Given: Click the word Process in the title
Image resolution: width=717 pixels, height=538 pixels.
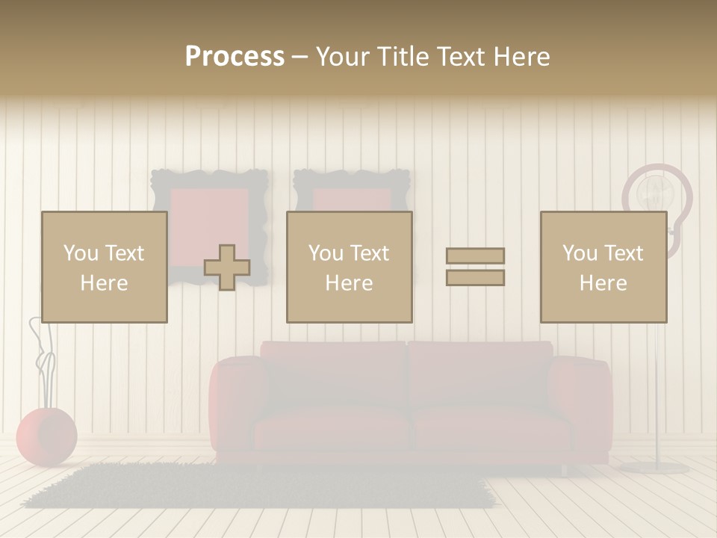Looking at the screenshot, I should tap(235, 56).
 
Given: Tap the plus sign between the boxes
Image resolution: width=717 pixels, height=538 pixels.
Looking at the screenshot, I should tap(227, 268).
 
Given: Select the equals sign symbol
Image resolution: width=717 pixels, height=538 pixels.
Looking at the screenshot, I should tap(475, 267).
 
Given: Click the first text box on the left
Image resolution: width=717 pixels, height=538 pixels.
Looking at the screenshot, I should tap(104, 267).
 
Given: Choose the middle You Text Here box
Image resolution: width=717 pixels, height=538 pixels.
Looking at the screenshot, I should tap(349, 267).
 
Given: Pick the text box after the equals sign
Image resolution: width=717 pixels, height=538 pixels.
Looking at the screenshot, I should tap(603, 267).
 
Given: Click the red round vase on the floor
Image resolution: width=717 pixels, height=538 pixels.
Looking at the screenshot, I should tap(46, 436).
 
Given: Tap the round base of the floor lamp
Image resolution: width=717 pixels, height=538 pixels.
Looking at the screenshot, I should tap(654, 468).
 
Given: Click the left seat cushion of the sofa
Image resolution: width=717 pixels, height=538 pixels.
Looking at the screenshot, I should tap(332, 430).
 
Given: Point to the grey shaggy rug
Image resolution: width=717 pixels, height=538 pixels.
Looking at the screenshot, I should tap(254, 486).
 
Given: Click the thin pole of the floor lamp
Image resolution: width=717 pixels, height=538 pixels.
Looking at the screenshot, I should tap(657, 396).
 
